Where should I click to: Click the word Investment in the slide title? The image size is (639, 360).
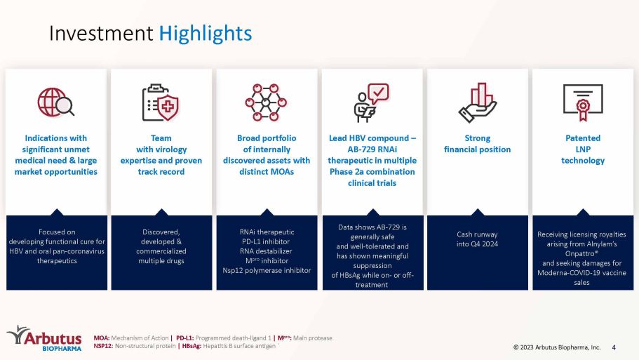click(101, 33)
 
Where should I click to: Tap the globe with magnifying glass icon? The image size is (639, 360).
click(56, 102)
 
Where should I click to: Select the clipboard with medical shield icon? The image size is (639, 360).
click(161, 102)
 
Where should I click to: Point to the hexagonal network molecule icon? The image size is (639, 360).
click(266, 102)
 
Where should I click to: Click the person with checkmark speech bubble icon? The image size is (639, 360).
click(371, 102)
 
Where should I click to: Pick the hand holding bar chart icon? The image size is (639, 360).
click(477, 102)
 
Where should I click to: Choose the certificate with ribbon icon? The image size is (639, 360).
click(583, 102)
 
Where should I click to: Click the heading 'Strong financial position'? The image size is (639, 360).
click(477, 144)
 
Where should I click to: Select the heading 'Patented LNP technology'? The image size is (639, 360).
click(583, 149)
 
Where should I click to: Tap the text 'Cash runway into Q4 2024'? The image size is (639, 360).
click(477, 239)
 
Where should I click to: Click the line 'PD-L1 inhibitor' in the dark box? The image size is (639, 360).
click(266, 241)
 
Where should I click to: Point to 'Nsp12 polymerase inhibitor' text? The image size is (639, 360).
click(267, 270)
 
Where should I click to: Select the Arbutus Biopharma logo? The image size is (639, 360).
click(44, 338)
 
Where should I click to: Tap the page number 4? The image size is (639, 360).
click(614, 347)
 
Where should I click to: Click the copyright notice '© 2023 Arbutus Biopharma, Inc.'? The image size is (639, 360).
click(557, 347)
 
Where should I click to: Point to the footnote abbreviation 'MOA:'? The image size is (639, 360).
click(102, 338)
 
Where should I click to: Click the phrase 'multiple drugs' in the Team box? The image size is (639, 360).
click(161, 261)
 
